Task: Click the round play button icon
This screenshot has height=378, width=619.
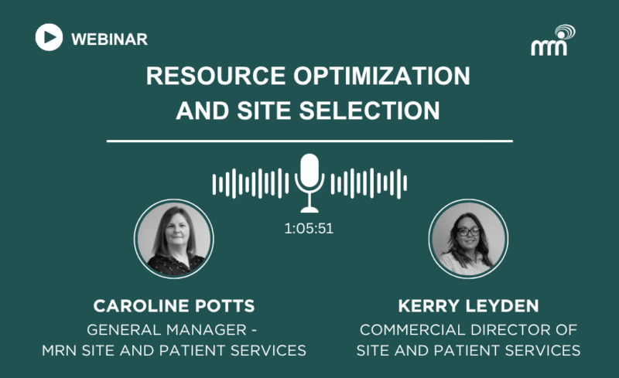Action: [x=49, y=37]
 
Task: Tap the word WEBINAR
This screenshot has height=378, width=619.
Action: [x=109, y=39]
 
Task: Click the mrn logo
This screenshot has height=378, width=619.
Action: [x=552, y=40]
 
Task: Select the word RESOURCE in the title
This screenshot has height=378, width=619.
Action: [x=216, y=76]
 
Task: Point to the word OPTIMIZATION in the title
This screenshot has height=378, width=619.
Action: [x=381, y=76]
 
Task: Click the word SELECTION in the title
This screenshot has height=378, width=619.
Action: [x=370, y=111]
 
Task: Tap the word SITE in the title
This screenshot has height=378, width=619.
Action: [x=264, y=111]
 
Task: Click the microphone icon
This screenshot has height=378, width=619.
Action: [x=309, y=182]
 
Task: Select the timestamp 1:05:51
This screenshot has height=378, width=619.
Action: [x=309, y=229]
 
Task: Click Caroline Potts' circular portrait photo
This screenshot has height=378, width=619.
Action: [x=173, y=239]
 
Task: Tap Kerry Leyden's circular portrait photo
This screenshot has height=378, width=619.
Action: [x=468, y=239]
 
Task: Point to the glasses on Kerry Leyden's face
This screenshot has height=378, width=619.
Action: [x=468, y=232]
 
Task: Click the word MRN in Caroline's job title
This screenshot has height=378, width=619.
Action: [x=60, y=350]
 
